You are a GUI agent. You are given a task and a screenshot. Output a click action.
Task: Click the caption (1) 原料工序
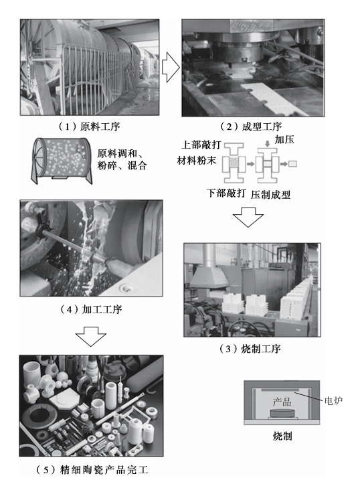tap(89, 127)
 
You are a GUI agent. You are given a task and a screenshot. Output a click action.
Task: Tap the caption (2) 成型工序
tap(251, 127)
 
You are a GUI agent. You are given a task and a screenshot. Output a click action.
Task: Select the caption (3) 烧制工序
tap(250, 349)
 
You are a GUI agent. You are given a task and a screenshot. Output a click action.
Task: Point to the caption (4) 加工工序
tap(91, 309)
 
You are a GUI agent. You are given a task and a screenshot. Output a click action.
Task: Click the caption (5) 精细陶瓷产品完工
tap(92, 470)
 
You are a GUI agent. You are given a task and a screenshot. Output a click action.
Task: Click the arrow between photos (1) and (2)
tap(170, 67)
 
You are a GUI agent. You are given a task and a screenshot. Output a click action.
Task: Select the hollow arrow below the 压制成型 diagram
tap(248, 218)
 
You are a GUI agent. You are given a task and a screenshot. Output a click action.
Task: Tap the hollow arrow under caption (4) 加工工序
tap(91, 336)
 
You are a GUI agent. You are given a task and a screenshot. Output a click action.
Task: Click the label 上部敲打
tap(201, 145)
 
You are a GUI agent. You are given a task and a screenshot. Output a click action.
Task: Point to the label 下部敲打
tap(226, 193)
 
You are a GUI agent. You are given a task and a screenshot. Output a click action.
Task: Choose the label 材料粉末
tap(197, 160)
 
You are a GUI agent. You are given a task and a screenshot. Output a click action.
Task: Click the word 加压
tap(284, 139)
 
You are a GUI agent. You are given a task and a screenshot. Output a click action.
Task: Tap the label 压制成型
tap(270, 195)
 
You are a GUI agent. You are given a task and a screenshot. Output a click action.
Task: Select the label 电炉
tap(333, 401)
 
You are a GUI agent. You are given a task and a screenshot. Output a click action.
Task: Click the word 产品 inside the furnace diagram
tap(282, 402)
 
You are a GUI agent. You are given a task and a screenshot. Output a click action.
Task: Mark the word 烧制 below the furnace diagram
tap(282, 436)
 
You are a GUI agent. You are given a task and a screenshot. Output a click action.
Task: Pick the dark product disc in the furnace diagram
tap(282, 413)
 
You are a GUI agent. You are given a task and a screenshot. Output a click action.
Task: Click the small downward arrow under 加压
tap(268, 144)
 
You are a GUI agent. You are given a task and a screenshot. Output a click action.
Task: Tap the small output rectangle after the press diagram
tap(292, 163)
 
